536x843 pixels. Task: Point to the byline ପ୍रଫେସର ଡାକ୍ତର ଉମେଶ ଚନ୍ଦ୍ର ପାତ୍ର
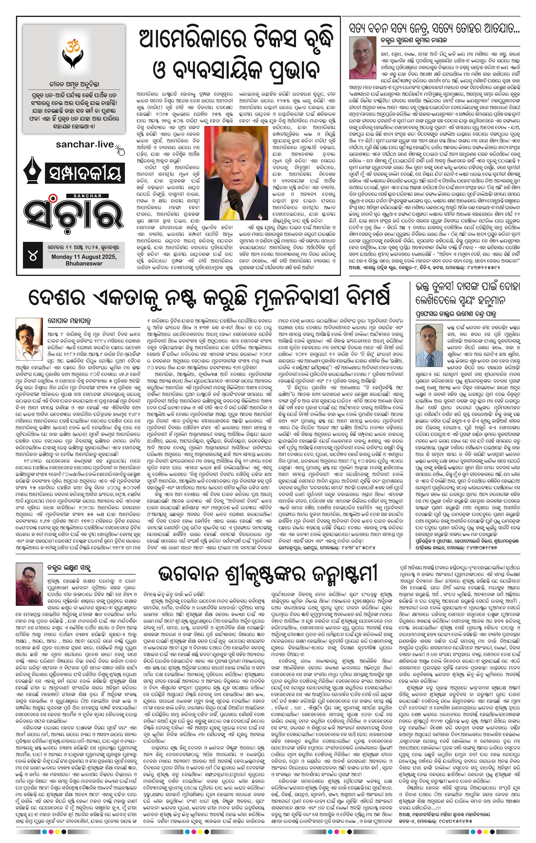456,313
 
